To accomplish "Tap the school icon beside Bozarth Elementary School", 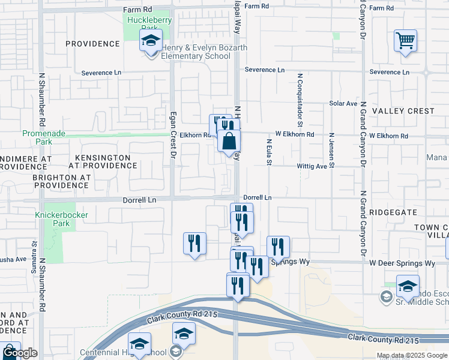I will [150, 41].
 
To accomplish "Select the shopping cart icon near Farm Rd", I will [406, 41].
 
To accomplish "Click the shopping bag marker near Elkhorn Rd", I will [229, 142].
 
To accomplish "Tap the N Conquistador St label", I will [299, 97].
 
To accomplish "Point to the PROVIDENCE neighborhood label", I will [92, 44].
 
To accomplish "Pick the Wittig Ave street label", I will [312, 166].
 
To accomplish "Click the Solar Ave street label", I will [343, 104].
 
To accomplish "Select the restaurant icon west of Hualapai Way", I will [194, 243].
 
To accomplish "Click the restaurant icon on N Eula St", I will [278, 246].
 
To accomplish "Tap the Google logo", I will [19, 353].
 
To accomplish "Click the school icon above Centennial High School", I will [184, 333].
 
